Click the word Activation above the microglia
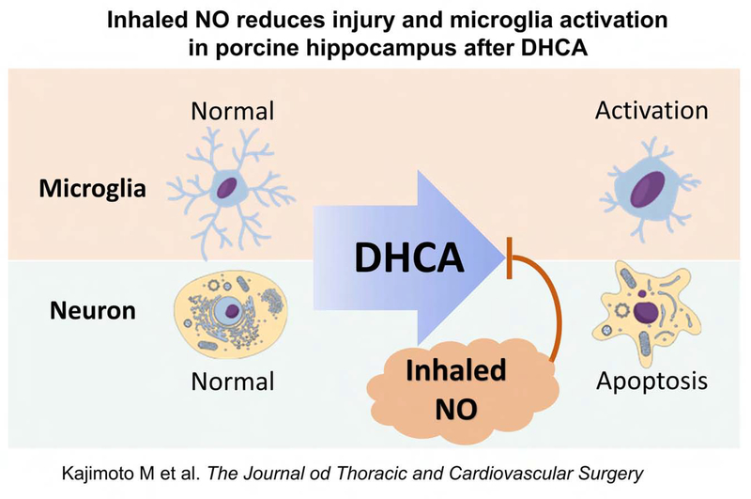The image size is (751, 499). click(x=651, y=111)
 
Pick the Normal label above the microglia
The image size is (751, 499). click(x=232, y=111)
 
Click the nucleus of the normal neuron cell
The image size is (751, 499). click(x=226, y=310)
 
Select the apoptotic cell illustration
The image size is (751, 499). click(x=646, y=311)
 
